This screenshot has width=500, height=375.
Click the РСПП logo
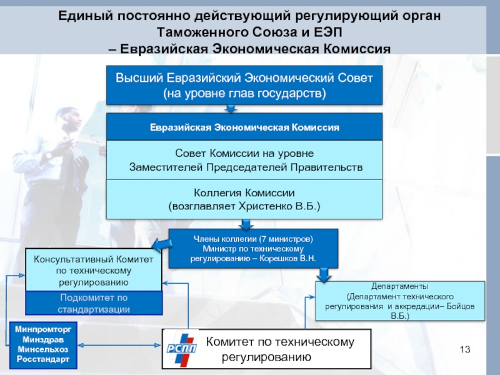(181, 349)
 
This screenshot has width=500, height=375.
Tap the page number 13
(465, 349)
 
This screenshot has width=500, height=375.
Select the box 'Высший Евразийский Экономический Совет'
(244, 85)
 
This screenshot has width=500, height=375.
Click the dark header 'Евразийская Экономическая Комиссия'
(244, 127)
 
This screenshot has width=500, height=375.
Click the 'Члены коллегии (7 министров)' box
(253, 248)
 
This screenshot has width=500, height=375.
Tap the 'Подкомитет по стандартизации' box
(94, 303)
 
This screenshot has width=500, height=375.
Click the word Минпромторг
(43, 329)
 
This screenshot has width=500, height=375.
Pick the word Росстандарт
(43, 359)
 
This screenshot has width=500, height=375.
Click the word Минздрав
(43, 339)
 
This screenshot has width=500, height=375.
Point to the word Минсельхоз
(43, 349)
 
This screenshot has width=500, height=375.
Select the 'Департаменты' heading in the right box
(399, 286)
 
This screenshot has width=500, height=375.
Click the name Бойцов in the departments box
(461, 306)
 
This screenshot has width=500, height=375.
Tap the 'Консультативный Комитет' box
(94, 270)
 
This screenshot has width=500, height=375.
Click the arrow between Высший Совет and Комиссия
(231, 109)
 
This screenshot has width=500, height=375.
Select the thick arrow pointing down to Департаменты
(324, 275)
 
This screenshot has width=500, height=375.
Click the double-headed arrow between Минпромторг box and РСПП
(119, 345)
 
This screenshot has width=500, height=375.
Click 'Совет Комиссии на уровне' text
(244, 153)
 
